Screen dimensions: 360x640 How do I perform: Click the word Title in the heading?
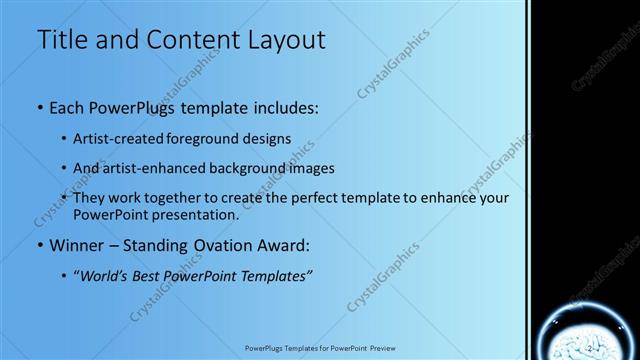click(64, 40)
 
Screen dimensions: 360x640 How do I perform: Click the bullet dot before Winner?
click(40, 245)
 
